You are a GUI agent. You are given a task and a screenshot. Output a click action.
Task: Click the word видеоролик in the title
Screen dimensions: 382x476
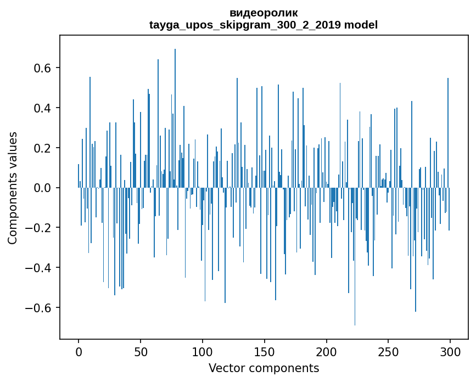(264, 13)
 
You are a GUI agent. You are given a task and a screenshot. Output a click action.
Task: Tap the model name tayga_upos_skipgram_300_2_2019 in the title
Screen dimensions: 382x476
(245, 25)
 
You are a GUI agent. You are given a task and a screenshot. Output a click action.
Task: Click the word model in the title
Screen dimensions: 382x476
(361, 25)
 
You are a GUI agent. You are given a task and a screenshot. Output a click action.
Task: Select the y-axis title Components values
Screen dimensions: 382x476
(13, 188)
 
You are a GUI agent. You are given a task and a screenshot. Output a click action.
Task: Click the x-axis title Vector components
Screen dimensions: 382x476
(264, 368)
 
